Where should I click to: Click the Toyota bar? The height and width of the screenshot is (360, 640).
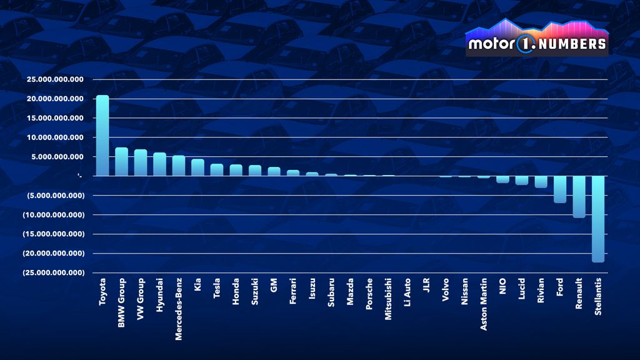coord(102,136)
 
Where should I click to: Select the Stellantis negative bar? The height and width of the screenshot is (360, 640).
coord(598,219)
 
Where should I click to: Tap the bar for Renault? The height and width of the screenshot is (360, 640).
coord(579,196)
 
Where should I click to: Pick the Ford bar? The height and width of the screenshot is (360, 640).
coord(560,189)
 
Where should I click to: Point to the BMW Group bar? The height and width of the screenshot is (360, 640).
coord(122,161)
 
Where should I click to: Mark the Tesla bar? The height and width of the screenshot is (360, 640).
coord(217,169)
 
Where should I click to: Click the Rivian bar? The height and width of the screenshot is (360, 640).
coord(541,181)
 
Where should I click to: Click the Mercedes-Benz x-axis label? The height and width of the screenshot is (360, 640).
coord(179,309)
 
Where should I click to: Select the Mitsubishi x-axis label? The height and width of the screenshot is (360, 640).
coord(388,299)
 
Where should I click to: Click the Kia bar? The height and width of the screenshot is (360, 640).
coord(197,167)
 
